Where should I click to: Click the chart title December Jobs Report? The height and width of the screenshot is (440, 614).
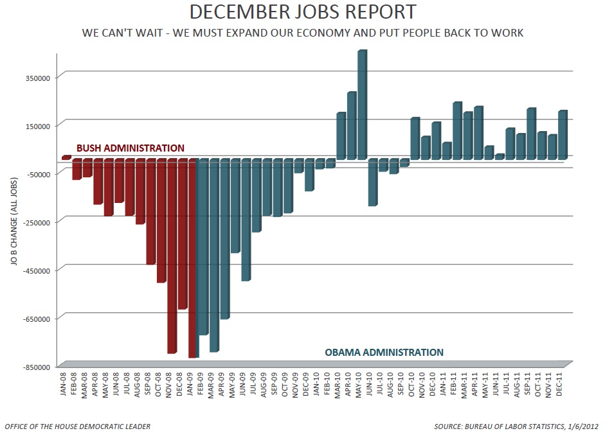coord(302,12)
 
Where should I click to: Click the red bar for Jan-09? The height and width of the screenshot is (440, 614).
coord(192,258)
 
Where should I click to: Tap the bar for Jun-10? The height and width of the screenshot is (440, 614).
coord(372,182)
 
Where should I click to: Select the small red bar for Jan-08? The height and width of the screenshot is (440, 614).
coord(66,157)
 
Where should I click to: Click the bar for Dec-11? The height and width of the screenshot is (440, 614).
coord(563,135)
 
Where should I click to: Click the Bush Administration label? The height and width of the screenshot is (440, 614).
coord(131,148)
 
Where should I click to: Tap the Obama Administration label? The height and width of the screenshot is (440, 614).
coord(384,352)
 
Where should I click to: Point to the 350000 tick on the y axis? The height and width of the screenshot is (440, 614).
coord(37,77)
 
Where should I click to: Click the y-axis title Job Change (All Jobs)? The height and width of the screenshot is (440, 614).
coord(14,222)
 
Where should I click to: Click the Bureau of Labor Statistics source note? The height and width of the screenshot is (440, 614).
coord(521,427)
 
